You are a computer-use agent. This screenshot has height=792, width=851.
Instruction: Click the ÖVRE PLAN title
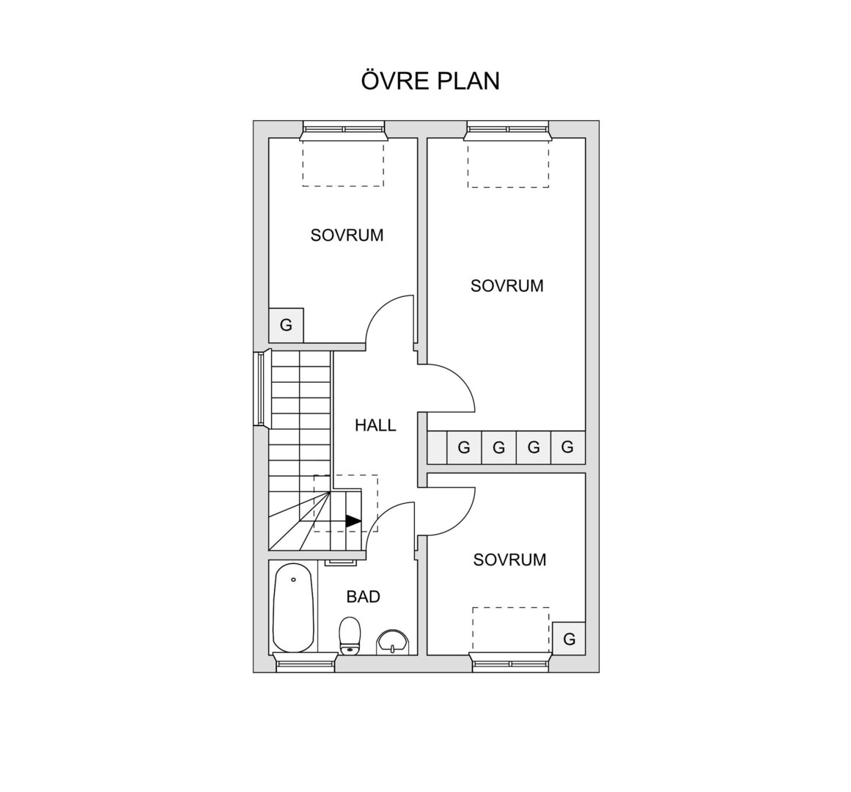point(430,81)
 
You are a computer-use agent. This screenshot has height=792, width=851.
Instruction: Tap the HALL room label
point(375,425)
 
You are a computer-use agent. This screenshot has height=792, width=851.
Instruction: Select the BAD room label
point(363,597)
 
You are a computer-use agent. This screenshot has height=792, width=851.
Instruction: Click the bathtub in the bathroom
point(293,607)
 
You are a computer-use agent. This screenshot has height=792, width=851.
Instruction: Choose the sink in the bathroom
point(392,642)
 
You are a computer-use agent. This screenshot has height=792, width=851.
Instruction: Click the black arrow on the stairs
point(353,521)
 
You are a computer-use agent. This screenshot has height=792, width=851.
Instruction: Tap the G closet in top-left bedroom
point(286,325)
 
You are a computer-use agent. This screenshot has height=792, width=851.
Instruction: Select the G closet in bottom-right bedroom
point(569,639)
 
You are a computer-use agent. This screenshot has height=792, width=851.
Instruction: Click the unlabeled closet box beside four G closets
point(437,447)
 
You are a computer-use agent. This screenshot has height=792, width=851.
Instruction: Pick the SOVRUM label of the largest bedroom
point(507,286)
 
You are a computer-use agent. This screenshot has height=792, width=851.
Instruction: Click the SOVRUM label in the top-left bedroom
point(347,235)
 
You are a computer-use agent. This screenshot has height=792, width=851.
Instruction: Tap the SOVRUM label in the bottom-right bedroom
point(509,560)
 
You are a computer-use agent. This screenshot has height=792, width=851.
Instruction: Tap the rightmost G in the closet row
point(567,447)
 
